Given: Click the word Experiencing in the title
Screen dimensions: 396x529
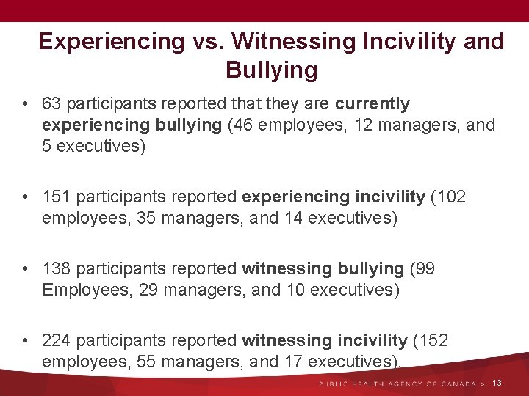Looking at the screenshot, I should (109, 42).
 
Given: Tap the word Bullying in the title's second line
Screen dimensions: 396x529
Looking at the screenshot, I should (272, 70).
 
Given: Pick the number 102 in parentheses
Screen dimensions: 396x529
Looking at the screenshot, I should (451, 197).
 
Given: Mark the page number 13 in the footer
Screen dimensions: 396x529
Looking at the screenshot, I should (497, 384).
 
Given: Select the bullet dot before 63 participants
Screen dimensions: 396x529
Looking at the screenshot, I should (26, 104).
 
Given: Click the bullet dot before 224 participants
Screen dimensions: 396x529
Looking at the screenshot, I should (26, 341).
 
